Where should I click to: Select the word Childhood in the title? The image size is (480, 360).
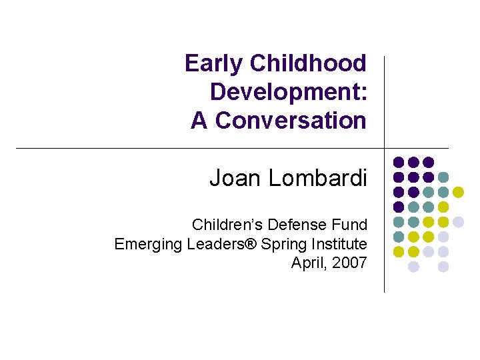tap(308, 63)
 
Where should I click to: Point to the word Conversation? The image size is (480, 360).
tap(291, 121)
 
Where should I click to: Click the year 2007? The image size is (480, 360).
tap(349, 263)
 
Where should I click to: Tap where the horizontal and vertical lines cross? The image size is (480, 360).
tap(385, 148)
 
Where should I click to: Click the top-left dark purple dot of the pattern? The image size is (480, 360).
tap(399, 162)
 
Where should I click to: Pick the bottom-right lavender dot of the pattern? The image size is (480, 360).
tap(443, 267)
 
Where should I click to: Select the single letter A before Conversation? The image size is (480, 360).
tap(199, 121)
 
